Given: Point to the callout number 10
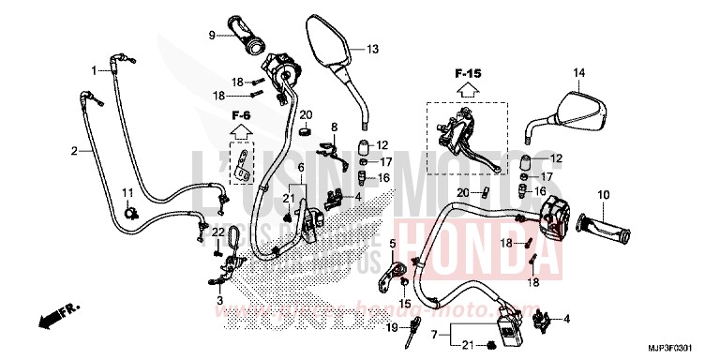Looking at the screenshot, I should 604,194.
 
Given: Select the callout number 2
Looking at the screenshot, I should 74,150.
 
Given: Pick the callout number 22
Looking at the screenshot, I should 215,232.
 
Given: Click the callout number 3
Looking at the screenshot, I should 219,301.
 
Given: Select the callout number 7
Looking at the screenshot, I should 434,333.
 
